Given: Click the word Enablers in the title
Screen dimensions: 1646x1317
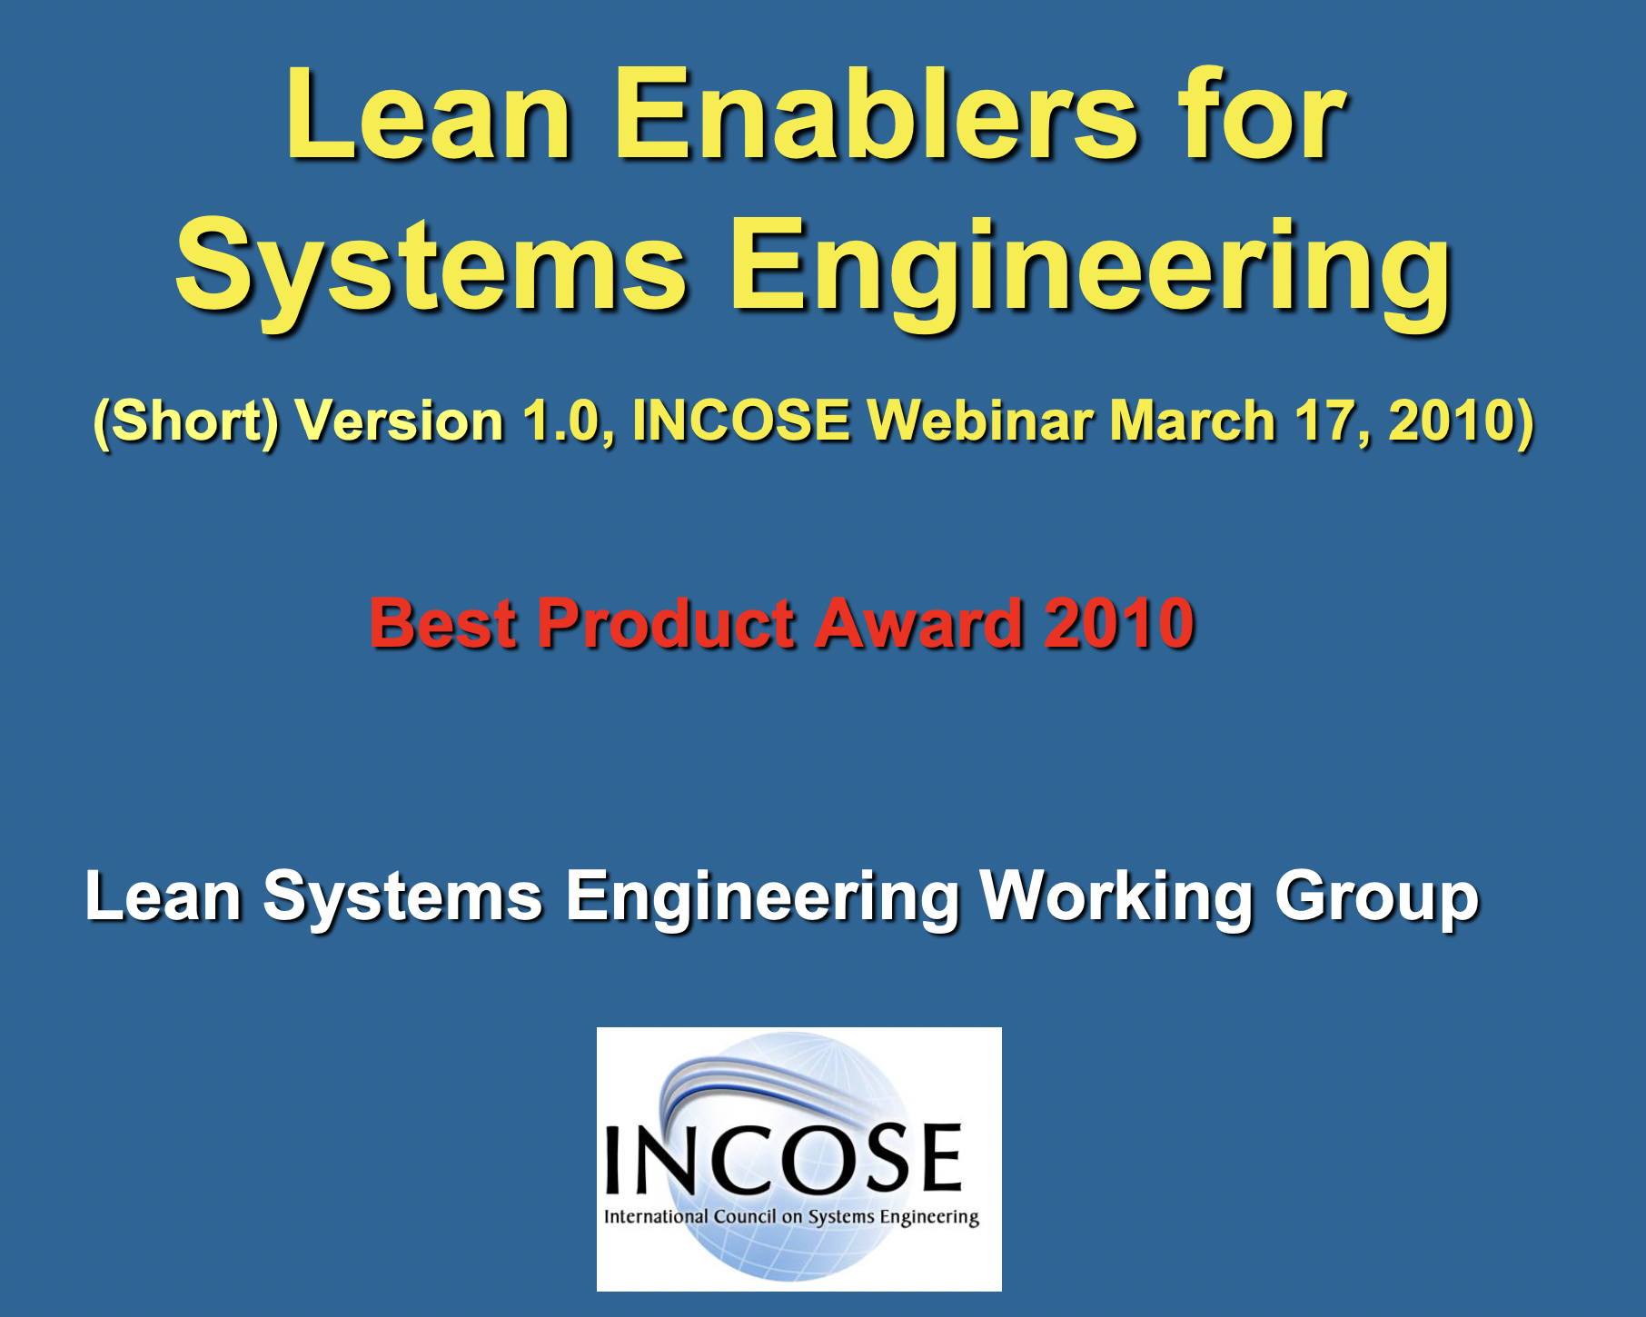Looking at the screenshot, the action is [x=876, y=116].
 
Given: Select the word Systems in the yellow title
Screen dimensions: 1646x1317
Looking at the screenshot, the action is [x=431, y=269].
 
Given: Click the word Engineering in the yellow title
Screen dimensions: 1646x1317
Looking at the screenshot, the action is [x=1090, y=269].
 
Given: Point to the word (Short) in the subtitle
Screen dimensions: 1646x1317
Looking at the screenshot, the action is [x=185, y=421].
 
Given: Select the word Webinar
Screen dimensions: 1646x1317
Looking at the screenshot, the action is [x=980, y=421].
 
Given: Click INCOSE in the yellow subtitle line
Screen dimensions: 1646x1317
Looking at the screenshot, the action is [x=741, y=421].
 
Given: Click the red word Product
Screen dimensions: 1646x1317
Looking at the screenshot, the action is [x=666, y=624].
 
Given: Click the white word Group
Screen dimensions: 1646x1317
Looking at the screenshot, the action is [x=1377, y=897].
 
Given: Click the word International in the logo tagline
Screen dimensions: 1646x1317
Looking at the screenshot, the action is [x=656, y=1216].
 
